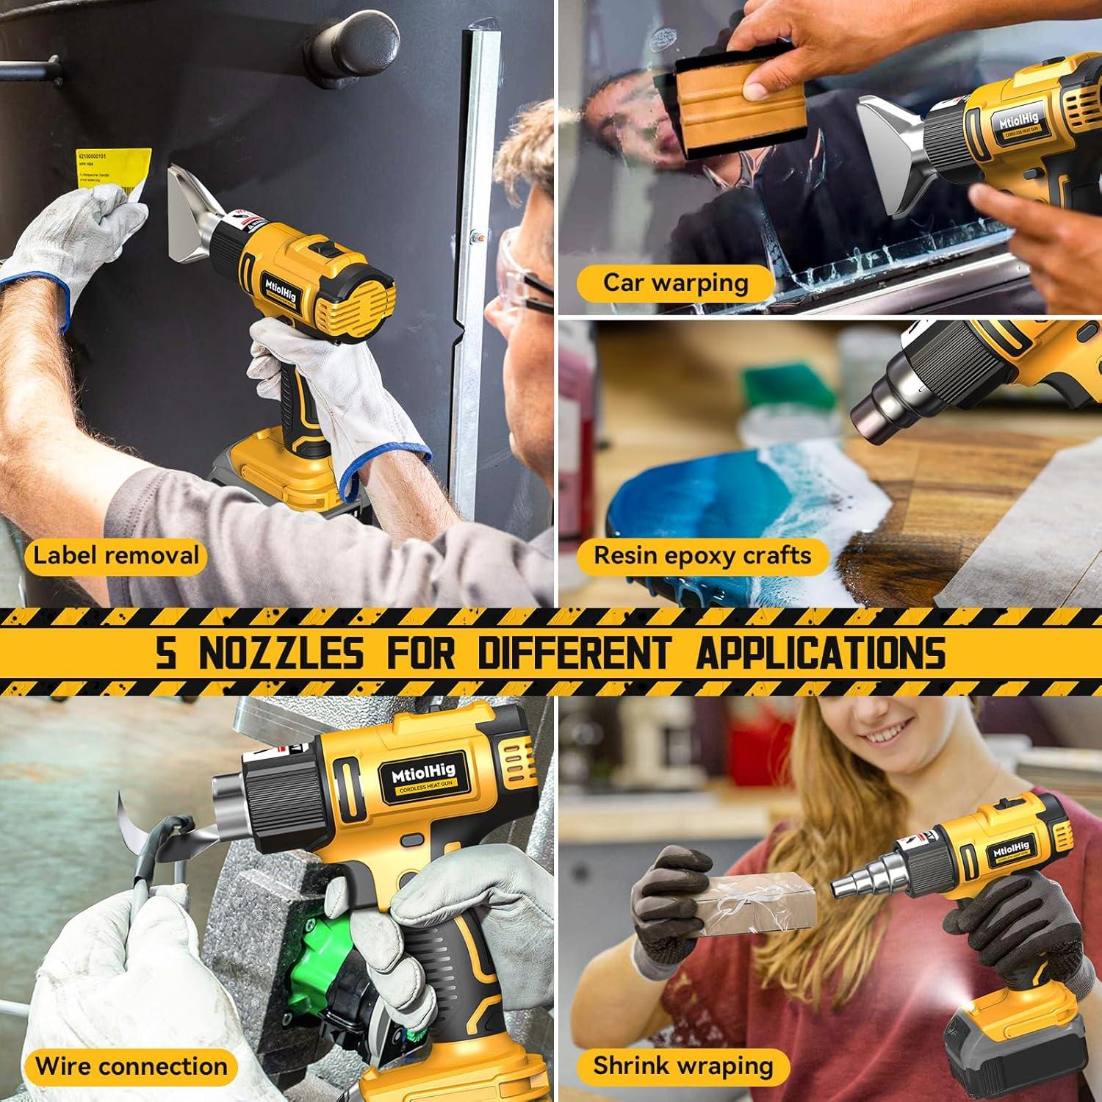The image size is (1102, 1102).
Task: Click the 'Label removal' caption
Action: [x=116, y=555]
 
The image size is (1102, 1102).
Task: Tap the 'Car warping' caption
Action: [x=675, y=283]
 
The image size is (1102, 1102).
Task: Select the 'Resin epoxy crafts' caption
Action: [x=702, y=555]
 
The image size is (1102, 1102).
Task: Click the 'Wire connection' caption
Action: [x=132, y=1066]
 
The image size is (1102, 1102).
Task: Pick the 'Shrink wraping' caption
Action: [x=683, y=1065]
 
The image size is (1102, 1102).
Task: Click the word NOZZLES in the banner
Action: [x=281, y=652]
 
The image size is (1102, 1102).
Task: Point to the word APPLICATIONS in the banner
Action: [x=821, y=652]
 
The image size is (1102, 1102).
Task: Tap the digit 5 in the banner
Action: [x=167, y=652]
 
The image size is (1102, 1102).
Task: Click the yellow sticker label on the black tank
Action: [x=114, y=170]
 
